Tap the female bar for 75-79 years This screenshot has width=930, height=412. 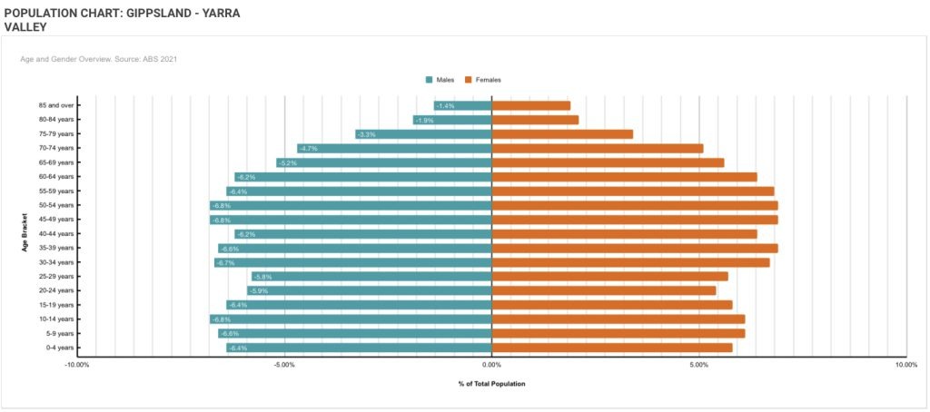562,134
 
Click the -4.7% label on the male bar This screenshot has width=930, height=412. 309,148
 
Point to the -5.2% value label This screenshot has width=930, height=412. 288,162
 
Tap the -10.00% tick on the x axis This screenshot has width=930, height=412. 76,365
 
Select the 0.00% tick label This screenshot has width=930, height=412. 491,365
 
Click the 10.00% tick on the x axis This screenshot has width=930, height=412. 905,365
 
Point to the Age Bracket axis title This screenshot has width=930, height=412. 27,233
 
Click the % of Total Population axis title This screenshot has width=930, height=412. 491,384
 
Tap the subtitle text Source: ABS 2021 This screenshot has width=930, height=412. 150,59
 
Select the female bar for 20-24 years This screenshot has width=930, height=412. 604,290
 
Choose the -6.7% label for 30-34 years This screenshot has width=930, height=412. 226,262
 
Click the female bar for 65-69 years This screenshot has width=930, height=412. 608,162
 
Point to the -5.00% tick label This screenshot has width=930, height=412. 283,365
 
